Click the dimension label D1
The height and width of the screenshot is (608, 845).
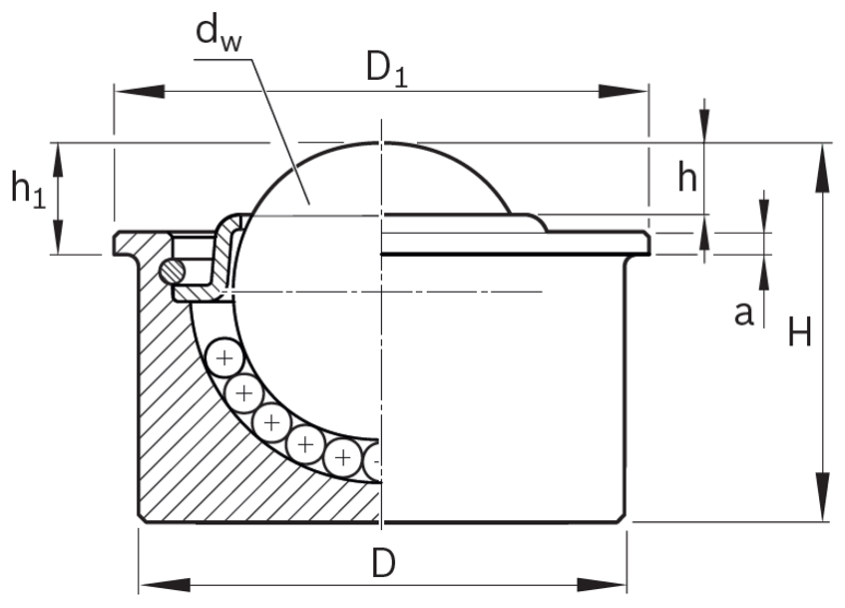[x=387, y=70]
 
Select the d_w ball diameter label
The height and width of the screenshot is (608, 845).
[x=218, y=32]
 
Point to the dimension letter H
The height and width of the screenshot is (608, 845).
[x=798, y=331]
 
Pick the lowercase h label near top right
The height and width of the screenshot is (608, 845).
[x=687, y=178]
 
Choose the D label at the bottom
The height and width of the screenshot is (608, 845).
[x=382, y=564]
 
